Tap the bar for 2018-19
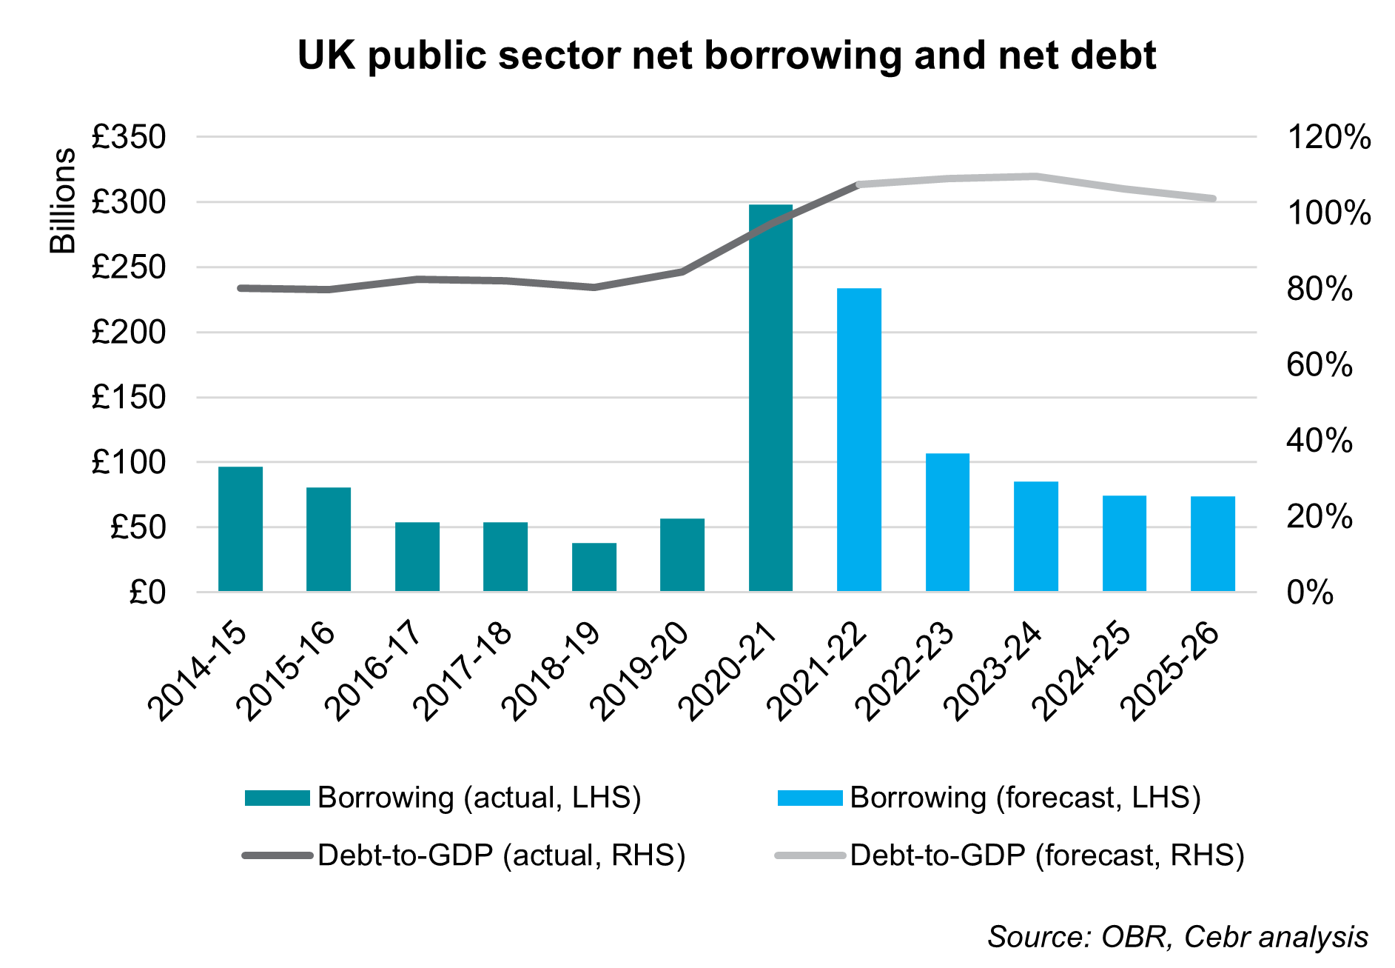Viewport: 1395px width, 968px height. (x=594, y=567)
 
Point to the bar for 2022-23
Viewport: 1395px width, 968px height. (x=947, y=521)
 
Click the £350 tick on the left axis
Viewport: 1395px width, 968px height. (x=129, y=138)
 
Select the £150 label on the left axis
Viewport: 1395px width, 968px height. (x=129, y=398)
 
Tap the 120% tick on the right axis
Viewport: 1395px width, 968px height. (x=1329, y=138)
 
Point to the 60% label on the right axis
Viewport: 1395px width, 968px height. (x=1320, y=365)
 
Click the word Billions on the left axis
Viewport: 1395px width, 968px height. (x=64, y=201)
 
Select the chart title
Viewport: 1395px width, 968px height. (x=727, y=56)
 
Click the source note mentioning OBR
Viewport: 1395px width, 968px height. (x=1177, y=937)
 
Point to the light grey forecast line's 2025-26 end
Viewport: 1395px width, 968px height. (x=1212, y=198)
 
